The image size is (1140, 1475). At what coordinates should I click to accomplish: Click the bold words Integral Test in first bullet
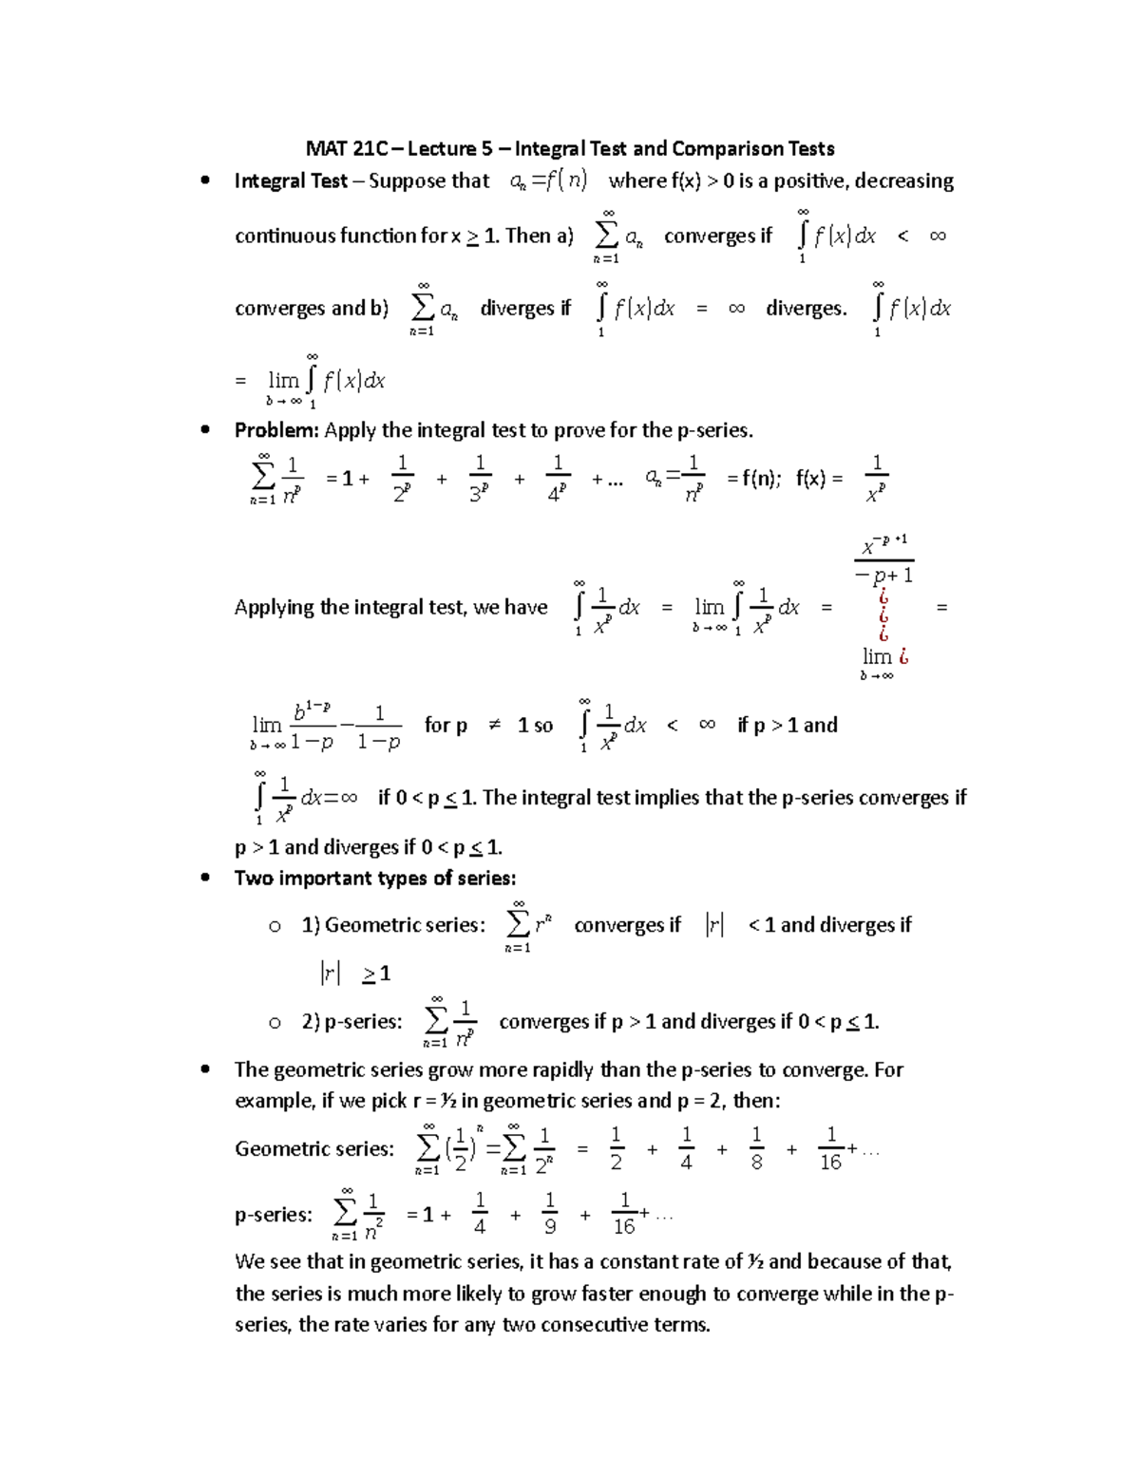click(291, 180)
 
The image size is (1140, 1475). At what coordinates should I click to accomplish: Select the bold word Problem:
click(276, 430)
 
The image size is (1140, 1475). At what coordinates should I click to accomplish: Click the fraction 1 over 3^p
click(480, 479)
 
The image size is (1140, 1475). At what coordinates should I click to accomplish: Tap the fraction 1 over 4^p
click(558, 479)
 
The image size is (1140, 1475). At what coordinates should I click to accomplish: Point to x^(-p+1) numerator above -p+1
click(884, 545)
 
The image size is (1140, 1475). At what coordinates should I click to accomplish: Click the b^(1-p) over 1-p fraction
click(312, 727)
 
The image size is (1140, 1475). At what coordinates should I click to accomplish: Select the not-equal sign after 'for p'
click(493, 726)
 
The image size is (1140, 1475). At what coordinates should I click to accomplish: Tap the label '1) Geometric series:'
click(393, 925)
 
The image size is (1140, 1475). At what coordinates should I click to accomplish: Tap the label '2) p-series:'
click(351, 1022)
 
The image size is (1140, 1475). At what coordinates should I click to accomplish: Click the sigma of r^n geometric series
click(518, 924)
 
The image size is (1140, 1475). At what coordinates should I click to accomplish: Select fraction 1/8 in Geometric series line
click(756, 1149)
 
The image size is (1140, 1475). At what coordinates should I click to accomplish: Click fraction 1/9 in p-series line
click(550, 1215)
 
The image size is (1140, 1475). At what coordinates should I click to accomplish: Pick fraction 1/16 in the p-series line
click(624, 1215)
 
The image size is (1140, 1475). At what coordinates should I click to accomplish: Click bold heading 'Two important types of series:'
click(375, 878)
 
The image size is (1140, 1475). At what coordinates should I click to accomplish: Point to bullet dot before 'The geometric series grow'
click(205, 1069)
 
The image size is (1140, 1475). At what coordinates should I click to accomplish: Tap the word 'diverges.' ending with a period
click(806, 309)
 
